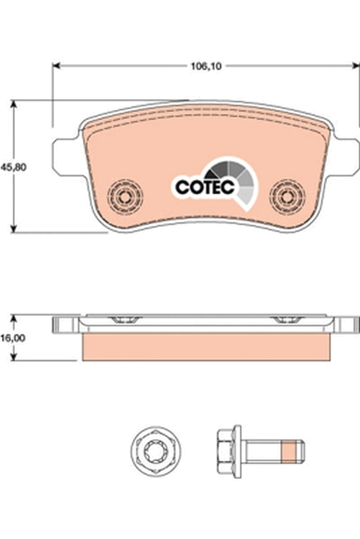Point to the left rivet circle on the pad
coord(125,197)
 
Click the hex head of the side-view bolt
coord(227,447)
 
